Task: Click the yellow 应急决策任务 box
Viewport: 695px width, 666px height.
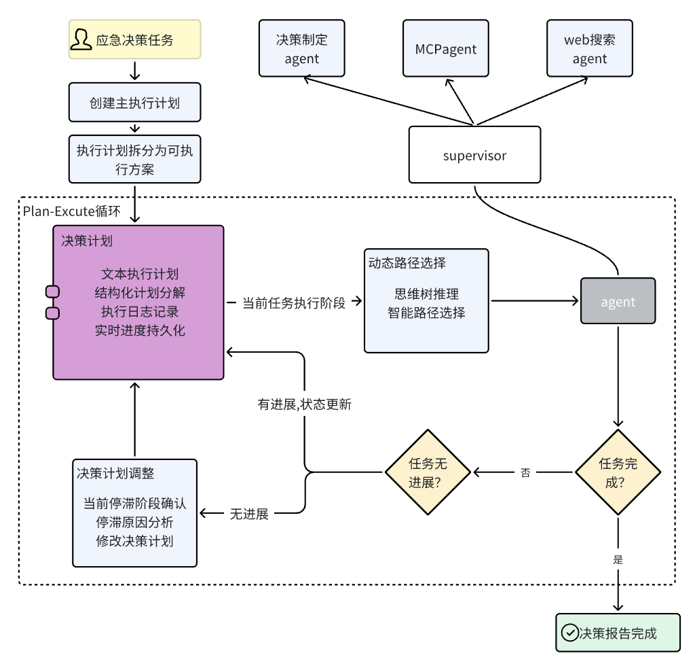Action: tap(134, 39)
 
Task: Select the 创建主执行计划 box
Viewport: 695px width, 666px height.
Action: tap(134, 103)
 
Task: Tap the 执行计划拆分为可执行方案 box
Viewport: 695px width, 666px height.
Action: tap(134, 159)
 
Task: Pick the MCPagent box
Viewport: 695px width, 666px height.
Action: tap(445, 48)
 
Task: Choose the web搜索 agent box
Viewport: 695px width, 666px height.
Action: tap(589, 48)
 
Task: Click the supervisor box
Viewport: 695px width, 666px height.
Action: tap(474, 155)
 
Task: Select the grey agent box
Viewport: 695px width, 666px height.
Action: tap(618, 301)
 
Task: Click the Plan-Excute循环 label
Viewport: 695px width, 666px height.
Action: tap(71, 211)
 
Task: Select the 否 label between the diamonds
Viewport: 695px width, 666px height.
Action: tap(525, 472)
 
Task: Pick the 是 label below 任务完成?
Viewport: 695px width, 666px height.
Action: tap(618, 561)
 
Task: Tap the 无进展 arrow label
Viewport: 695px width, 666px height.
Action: tap(249, 514)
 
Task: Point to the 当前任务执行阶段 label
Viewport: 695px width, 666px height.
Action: tap(293, 302)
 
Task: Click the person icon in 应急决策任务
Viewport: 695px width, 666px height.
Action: tap(81, 39)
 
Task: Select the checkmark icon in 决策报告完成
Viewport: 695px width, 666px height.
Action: tap(569, 633)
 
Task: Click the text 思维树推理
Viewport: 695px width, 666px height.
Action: tap(426, 294)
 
